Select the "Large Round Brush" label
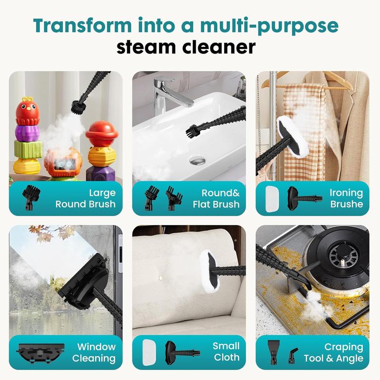(x=85, y=199)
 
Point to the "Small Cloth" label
(x=226, y=351)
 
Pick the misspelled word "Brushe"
(x=347, y=204)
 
